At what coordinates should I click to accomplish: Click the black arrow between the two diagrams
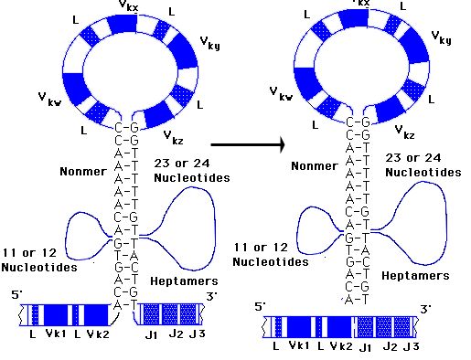point(248,144)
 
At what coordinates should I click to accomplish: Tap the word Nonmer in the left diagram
point(83,172)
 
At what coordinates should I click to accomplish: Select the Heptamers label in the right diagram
point(415,276)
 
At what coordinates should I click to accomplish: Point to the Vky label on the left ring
point(209,43)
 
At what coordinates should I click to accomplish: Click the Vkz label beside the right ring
point(404,132)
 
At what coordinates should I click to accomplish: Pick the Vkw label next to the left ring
point(49,100)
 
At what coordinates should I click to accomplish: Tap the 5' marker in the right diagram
point(260,306)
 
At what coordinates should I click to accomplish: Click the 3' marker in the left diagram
point(211,296)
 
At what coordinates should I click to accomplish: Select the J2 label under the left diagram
point(176,334)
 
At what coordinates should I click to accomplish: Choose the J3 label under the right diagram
point(411,346)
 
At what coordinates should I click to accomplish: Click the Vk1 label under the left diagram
point(56,334)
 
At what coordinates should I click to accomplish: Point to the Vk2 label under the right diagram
point(341,346)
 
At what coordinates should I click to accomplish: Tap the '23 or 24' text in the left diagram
point(182,164)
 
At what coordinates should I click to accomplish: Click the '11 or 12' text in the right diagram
point(261,248)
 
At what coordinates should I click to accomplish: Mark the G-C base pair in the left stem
point(126,267)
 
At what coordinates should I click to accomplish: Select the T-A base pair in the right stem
point(358,250)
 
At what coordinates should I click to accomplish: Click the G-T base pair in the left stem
point(126,243)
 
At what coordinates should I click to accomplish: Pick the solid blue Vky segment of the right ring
point(413,46)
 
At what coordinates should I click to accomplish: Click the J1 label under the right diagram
point(366,347)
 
